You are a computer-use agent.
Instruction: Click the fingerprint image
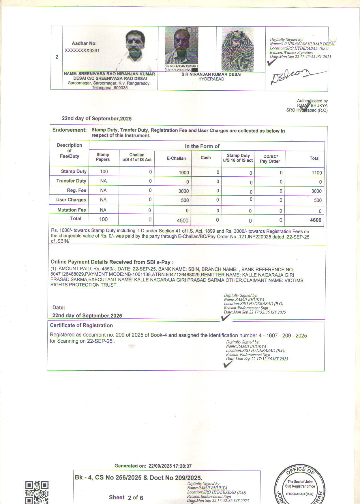(237, 50)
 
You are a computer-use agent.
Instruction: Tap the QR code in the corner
(37, 492)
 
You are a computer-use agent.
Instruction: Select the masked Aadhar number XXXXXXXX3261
(82, 51)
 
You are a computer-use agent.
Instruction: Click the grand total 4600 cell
(315, 220)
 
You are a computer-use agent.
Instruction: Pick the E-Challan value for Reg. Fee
(183, 191)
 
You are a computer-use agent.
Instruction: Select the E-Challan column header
(176, 158)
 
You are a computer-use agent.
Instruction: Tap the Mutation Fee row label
(72, 210)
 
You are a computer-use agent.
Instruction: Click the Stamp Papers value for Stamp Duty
(104, 171)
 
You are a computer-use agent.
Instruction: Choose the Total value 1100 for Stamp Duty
(316, 173)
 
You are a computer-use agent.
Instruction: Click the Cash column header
(206, 158)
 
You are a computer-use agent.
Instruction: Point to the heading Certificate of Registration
(81, 325)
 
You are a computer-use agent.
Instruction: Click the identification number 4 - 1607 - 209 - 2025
(282, 335)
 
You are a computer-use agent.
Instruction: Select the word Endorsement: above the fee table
(70, 130)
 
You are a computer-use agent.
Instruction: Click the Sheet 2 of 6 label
(126, 497)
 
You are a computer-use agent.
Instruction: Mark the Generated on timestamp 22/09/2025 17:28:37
(170, 466)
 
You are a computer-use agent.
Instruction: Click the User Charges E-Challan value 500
(185, 200)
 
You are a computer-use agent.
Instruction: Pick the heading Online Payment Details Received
(112, 262)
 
